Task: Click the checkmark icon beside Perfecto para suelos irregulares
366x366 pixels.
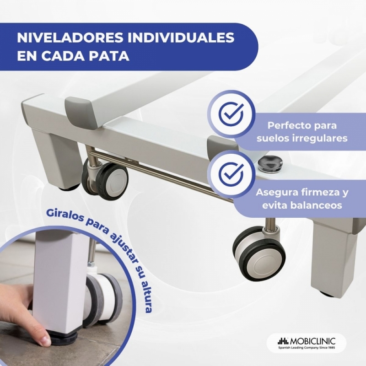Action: pyautogui.click(x=232, y=114)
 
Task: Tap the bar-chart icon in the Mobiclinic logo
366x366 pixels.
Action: pyautogui.click(x=283, y=341)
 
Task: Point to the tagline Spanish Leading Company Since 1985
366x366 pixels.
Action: pyautogui.click(x=306, y=348)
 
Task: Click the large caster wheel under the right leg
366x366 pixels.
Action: pyautogui.click(x=258, y=253)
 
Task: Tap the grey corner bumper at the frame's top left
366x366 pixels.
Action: pyautogui.click(x=78, y=103)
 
